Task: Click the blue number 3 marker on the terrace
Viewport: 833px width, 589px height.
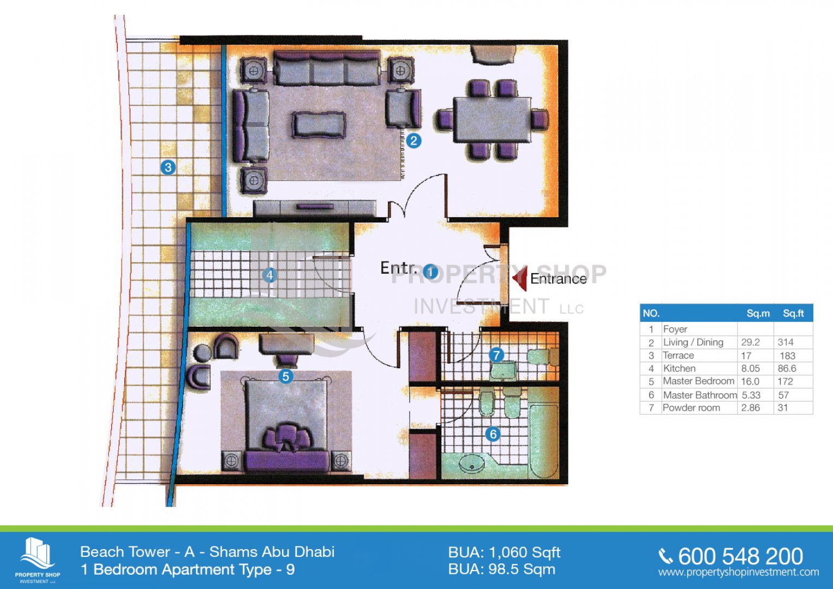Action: (168, 167)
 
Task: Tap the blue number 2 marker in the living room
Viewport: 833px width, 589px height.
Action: (413, 141)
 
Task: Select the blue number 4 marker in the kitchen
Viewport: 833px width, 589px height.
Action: (269, 275)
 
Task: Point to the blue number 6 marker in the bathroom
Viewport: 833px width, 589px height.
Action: (493, 434)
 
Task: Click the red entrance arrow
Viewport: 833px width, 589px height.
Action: (520, 278)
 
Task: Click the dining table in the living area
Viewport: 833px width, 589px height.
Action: (493, 120)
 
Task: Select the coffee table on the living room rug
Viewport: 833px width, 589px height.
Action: (319, 125)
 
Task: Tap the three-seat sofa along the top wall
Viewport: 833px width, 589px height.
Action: (327, 68)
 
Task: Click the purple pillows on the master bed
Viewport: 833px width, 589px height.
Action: (286, 436)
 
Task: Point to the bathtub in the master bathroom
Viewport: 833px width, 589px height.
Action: (544, 441)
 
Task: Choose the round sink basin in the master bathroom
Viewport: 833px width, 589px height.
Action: (473, 465)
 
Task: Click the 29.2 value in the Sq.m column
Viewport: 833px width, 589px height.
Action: (751, 342)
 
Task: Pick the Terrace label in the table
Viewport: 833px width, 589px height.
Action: (679, 356)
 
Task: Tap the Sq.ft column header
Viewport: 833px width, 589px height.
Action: (793, 314)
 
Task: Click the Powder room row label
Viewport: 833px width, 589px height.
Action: (691, 408)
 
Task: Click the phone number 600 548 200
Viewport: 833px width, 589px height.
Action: (741, 556)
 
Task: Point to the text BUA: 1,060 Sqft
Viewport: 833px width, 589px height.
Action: (504, 552)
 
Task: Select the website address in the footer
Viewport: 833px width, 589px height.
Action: (738, 573)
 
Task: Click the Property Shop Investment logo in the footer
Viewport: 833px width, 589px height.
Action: (38, 560)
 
